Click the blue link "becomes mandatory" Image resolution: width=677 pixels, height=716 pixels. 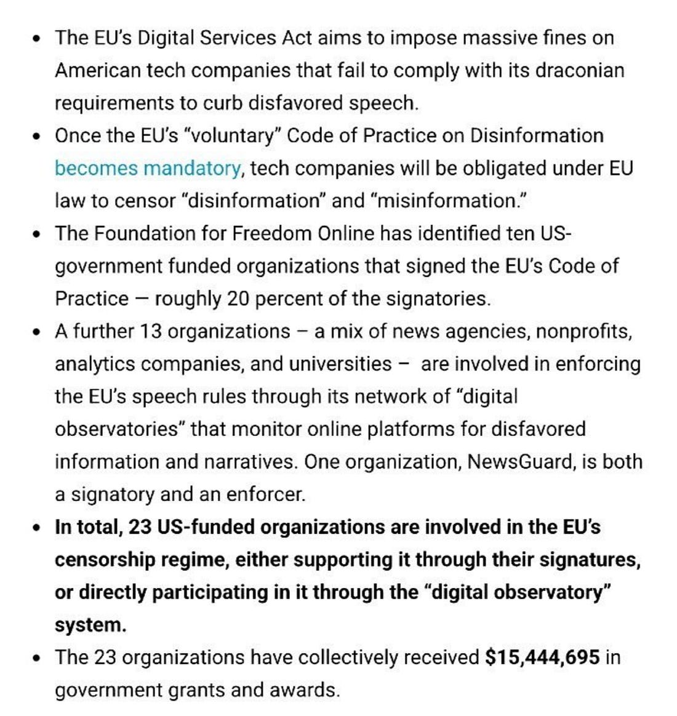(x=147, y=168)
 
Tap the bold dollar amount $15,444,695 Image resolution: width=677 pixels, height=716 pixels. (x=542, y=658)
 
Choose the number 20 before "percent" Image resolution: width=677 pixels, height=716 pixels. (x=238, y=299)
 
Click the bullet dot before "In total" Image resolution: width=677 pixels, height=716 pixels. (x=38, y=528)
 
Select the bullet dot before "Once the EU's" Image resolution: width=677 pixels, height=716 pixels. (x=38, y=136)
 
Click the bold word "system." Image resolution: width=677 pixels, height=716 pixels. (x=90, y=625)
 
